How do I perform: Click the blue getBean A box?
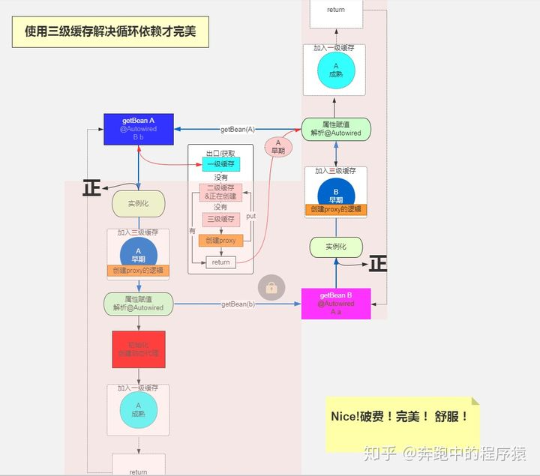pos(138,129)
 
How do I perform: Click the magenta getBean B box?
pos(335,304)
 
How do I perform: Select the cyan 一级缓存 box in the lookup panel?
pos(220,164)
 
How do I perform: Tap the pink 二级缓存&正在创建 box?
pos(220,192)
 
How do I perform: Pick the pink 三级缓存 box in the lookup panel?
pos(220,220)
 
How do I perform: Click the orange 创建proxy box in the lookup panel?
pos(220,240)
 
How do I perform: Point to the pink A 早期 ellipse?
pos(277,146)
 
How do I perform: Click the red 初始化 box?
pos(139,349)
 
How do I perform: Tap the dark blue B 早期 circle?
pos(335,194)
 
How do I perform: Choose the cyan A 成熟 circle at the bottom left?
pos(138,409)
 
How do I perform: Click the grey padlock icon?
pos(271,286)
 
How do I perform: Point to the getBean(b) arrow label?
pos(238,304)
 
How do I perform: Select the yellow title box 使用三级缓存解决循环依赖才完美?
pos(109,31)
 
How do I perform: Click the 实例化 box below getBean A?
pos(138,203)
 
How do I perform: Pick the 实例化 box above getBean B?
pos(336,247)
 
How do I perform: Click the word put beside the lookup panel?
pos(250,216)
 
